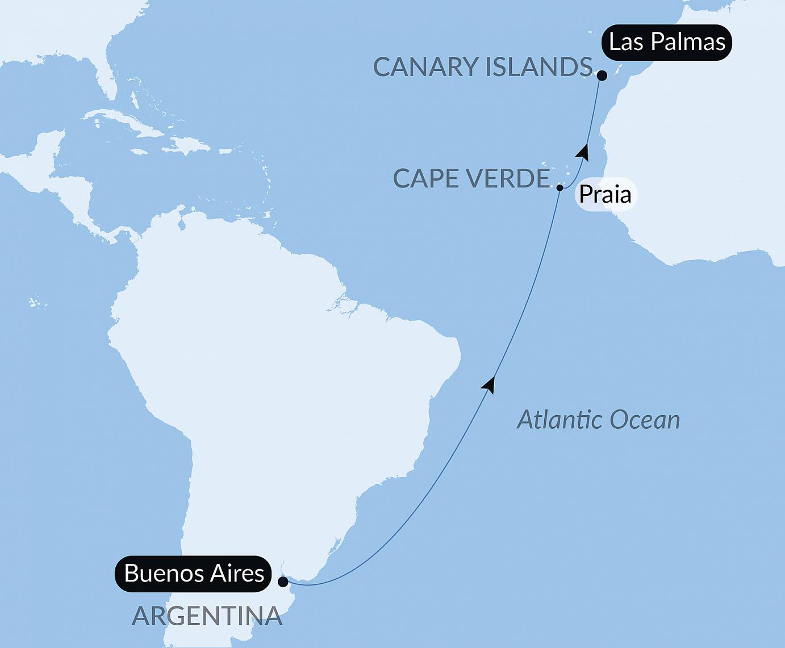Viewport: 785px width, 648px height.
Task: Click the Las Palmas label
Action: pyautogui.click(x=667, y=42)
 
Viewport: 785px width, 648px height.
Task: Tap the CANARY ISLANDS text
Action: pyautogui.click(x=483, y=68)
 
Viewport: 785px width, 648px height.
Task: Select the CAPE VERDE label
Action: pyautogui.click(x=471, y=179)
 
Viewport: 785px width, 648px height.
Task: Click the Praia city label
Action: pyautogui.click(x=605, y=195)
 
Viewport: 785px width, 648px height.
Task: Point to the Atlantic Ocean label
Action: pyautogui.click(x=598, y=420)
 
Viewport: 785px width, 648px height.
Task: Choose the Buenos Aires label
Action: pyautogui.click(x=194, y=573)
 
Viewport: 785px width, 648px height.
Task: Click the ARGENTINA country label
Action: pyautogui.click(x=207, y=616)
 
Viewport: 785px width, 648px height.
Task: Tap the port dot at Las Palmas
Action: pyautogui.click(x=602, y=74)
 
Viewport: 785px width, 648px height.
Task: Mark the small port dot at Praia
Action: pyautogui.click(x=559, y=187)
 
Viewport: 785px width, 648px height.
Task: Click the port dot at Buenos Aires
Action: pyautogui.click(x=283, y=582)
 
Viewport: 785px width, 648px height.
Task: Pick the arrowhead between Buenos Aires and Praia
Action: pyautogui.click(x=489, y=384)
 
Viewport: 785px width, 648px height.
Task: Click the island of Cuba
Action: pyautogui.click(x=114, y=121)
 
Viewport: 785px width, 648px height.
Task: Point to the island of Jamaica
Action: pyautogui.click(x=139, y=152)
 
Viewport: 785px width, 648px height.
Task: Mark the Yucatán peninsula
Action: pyautogui.click(x=51, y=142)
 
